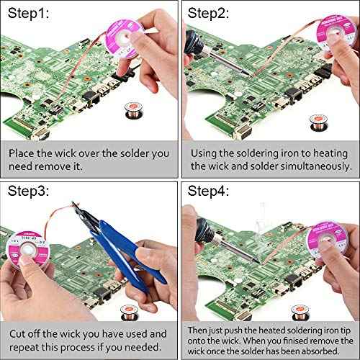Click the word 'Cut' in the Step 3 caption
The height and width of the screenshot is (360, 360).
[x=18, y=333]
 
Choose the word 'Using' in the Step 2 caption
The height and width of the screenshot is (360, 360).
[x=206, y=153]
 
